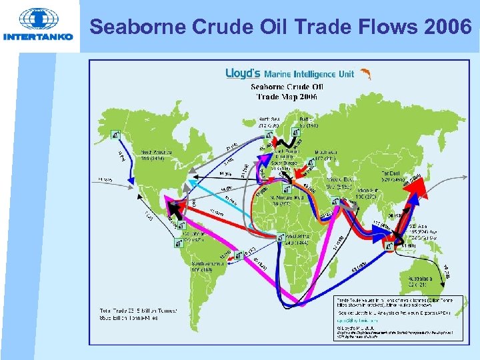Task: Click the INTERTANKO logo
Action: click(x=38, y=25)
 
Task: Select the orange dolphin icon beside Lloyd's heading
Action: click(x=366, y=74)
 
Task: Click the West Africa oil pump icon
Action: click(x=278, y=236)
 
